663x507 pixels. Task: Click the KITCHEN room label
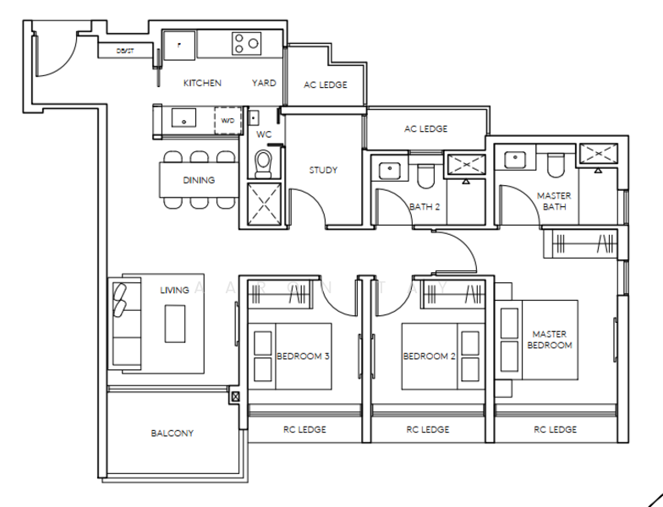coord(202,83)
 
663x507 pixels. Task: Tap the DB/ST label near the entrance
coord(127,52)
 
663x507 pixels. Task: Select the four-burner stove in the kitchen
coord(247,43)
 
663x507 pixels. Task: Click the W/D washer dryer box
coord(227,121)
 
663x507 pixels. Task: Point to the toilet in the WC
coord(263,161)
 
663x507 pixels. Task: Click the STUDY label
coord(323,170)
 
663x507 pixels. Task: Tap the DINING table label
coord(199,180)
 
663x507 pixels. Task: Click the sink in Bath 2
coord(390,170)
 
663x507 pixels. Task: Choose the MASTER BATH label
coord(554,201)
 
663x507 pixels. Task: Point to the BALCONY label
coord(173,433)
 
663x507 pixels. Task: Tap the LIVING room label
coord(174,290)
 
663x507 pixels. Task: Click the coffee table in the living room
coord(175,324)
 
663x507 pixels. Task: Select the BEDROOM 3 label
coord(303,357)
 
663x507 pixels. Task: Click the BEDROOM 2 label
coord(429,357)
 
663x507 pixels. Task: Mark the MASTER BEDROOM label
coord(550,340)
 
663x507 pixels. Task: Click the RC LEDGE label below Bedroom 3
coord(304,429)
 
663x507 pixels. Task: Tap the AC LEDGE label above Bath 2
coord(425,128)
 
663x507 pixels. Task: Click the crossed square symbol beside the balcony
coord(235,395)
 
